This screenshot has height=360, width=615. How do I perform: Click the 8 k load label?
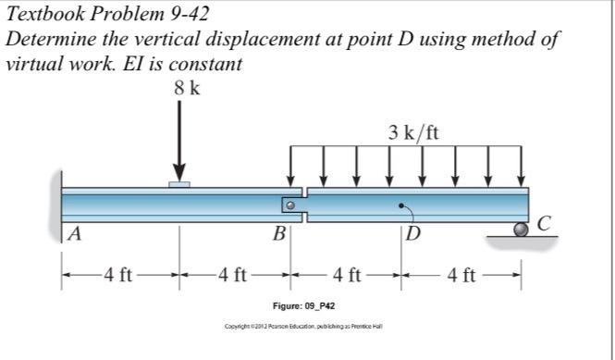(186, 90)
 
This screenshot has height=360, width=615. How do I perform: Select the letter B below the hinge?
(277, 233)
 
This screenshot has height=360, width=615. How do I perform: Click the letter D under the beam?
(412, 233)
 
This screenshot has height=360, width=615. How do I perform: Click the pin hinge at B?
(289, 205)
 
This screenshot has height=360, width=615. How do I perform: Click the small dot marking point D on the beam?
(400, 205)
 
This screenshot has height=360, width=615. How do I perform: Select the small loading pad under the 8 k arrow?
(179, 185)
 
